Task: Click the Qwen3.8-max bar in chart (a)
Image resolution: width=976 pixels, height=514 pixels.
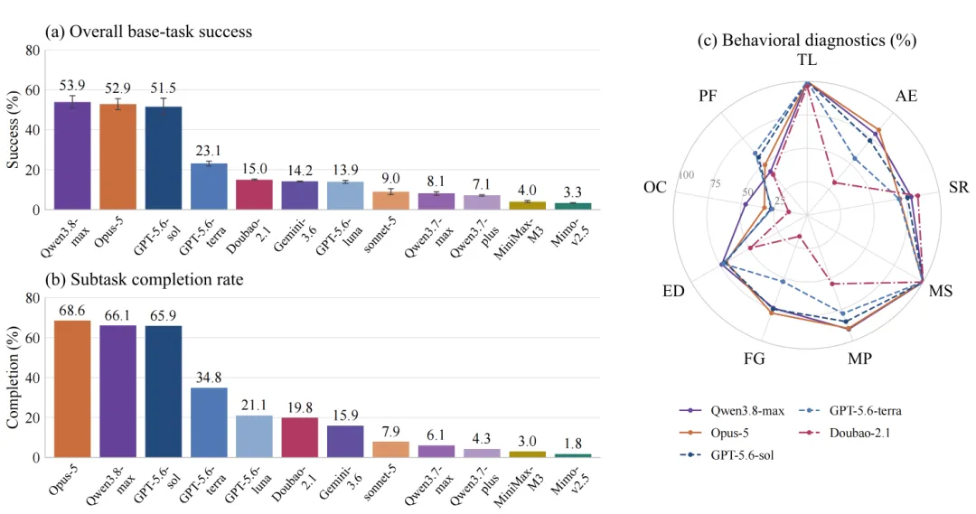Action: [x=73, y=155]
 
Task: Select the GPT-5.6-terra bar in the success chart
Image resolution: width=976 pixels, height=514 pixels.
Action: [x=209, y=187]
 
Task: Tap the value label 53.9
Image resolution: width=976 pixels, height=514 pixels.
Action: [x=73, y=85]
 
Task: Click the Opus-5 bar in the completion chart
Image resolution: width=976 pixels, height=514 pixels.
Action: [x=73, y=389]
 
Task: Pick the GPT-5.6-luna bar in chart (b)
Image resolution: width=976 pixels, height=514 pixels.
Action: [x=255, y=436]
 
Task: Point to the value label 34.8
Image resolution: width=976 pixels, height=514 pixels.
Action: [x=209, y=378]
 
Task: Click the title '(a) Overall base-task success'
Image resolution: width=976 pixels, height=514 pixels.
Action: [x=149, y=32]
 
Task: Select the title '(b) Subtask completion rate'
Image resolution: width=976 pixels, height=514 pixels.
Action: [x=145, y=279]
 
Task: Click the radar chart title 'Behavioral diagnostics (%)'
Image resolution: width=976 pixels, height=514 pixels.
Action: [x=807, y=41]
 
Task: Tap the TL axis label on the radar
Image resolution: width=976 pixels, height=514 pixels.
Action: [x=807, y=61]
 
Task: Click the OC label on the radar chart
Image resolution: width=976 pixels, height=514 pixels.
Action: [x=655, y=187]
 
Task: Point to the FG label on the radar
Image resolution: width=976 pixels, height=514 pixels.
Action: [x=754, y=359]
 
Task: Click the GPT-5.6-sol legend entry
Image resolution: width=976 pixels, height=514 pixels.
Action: [x=727, y=455]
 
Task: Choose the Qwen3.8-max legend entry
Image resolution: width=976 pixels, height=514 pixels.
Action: [x=731, y=411]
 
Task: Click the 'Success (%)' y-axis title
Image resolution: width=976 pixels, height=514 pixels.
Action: [x=13, y=129]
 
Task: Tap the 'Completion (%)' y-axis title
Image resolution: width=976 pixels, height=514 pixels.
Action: [x=13, y=377]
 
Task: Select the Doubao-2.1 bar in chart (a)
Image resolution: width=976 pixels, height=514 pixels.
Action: [x=255, y=195]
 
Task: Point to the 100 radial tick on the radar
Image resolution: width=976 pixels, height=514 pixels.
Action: [x=686, y=175]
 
